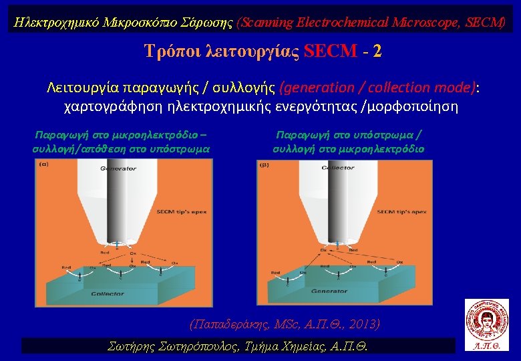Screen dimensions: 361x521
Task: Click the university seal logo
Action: (486, 320)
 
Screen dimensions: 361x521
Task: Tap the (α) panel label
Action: (43, 164)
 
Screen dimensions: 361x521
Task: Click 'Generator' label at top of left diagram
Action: (118, 168)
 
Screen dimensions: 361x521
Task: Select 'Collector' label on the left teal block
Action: (108, 293)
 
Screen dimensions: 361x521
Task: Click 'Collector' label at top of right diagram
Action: (337, 168)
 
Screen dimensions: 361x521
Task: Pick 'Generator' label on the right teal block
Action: (329, 292)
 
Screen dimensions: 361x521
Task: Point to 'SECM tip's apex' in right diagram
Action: (402, 212)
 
